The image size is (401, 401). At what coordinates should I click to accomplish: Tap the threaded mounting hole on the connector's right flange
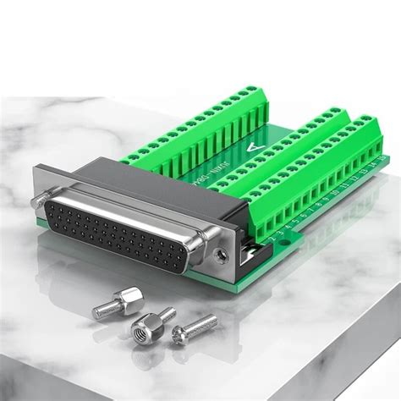[x=222, y=251]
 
